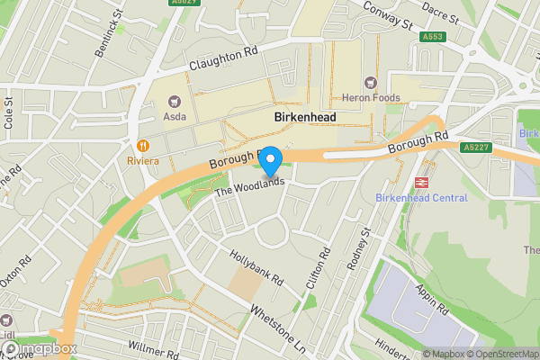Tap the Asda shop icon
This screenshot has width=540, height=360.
(x=174, y=101)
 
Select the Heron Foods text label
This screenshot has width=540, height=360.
(x=371, y=97)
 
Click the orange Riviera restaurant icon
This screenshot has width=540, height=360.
(x=142, y=146)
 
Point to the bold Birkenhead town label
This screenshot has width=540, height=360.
(x=305, y=118)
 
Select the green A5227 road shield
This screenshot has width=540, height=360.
(x=475, y=147)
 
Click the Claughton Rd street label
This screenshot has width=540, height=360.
(x=223, y=59)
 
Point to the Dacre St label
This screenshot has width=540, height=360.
(x=440, y=13)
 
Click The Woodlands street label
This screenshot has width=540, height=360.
(x=249, y=186)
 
